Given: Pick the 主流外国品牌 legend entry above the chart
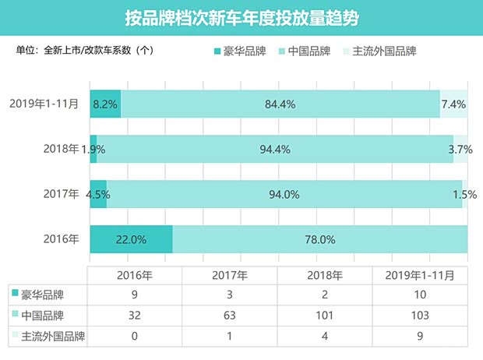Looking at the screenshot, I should click(379, 51).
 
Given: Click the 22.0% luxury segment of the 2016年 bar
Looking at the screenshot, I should click(131, 239).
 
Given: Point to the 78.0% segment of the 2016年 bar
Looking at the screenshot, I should click(320, 239).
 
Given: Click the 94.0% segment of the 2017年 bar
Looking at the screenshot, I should click(284, 194).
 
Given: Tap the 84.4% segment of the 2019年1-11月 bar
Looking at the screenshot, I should click(280, 104).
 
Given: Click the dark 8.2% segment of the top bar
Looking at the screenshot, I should click(105, 104).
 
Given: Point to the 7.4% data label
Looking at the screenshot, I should click(453, 104).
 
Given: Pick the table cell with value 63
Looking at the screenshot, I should click(231, 316).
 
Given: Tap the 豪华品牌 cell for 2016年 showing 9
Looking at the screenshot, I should click(134, 295).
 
